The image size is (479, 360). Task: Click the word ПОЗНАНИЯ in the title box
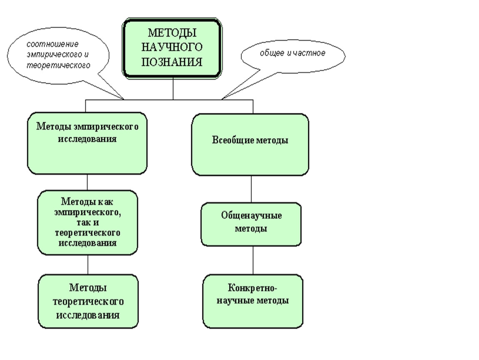[x=172, y=62]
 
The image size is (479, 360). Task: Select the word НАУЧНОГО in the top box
[x=172, y=47]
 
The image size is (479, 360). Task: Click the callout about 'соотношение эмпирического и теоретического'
[x=58, y=55]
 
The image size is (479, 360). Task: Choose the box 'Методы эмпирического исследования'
[x=87, y=143]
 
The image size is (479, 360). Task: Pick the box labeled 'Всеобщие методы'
[x=250, y=145]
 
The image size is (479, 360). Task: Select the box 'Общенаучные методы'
[x=251, y=224]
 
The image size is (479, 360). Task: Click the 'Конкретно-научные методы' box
[x=253, y=301]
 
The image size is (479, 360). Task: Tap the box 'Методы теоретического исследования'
[x=88, y=301]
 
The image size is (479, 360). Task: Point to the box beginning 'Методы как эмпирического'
[x=87, y=222]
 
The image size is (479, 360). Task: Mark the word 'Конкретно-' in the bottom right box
[x=253, y=288]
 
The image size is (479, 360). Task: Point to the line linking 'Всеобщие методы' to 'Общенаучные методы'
[x=251, y=189]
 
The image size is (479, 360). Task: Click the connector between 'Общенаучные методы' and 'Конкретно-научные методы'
[x=253, y=260]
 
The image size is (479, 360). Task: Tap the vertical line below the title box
[x=173, y=89]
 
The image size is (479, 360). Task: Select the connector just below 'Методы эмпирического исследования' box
[x=87, y=182]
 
